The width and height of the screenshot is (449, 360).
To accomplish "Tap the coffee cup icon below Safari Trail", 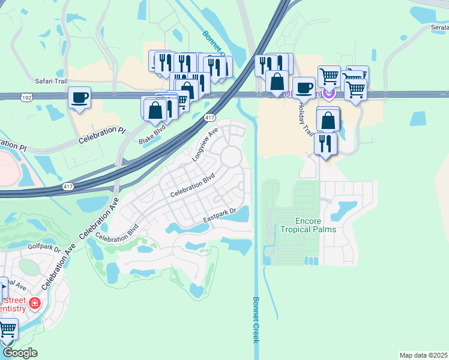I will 79,98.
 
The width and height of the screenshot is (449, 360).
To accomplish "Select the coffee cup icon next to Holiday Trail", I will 304,87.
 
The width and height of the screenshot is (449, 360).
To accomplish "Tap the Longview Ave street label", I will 203,144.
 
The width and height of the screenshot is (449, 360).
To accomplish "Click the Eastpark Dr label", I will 220,212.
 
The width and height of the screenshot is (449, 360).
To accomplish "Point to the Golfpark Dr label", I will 44,247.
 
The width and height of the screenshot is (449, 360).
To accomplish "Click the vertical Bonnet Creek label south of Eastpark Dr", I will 256,320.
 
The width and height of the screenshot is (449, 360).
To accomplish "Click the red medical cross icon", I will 35,304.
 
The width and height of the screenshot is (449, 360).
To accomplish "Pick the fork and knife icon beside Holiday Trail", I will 325,143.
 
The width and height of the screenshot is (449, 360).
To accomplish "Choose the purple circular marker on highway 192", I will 328,93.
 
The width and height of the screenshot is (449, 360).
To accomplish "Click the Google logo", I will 20,353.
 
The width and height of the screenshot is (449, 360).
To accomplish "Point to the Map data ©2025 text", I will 423,355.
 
